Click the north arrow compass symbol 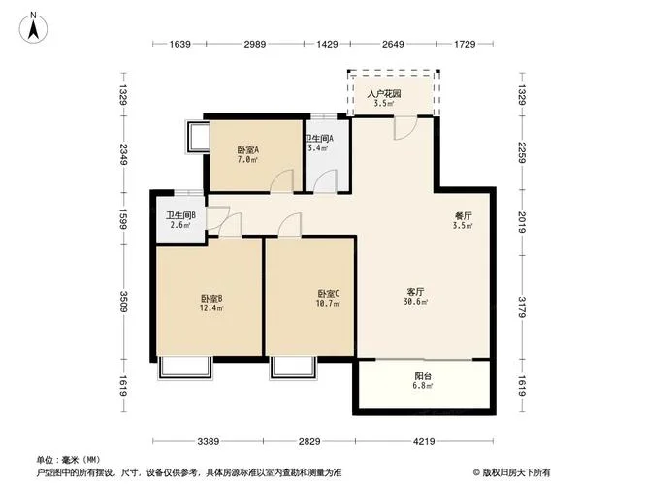[x=33, y=27]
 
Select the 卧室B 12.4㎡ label [x=211, y=303]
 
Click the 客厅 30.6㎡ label [x=415, y=296]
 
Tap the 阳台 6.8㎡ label [x=423, y=381]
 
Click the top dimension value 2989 [x=254, y=44]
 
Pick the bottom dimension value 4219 [x=424, y=441]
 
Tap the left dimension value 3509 [x=123, y=302]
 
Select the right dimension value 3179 [x=522, y=307]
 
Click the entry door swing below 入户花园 [x=405, y=128]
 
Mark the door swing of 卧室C [x=290, y=225]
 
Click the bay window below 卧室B [x=185, y=368]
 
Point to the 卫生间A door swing [x=326, y=181]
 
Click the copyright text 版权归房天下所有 [x=512, y=472]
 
